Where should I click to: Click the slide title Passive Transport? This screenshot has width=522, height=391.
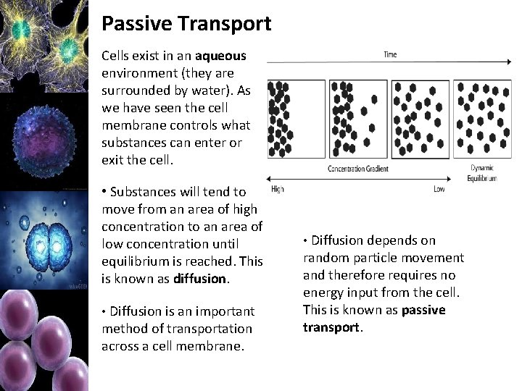[186, 23]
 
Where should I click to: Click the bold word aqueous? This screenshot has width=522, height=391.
[220, 56]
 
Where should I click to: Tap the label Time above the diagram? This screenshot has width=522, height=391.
[390, 55]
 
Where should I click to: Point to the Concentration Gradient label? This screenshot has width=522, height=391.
[357, 169]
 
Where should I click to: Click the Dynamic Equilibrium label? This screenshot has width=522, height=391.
[481, 172]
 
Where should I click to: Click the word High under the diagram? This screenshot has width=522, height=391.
[277, 189]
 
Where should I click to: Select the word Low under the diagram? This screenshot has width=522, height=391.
[439, 189]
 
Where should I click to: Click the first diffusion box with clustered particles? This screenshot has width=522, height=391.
[297, 118]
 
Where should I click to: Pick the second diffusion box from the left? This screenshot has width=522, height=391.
[358, 118]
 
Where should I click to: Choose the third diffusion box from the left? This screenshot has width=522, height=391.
[420, 118]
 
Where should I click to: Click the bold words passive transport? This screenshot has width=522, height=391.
[384, 319]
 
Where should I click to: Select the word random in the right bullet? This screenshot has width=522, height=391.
[326, 258]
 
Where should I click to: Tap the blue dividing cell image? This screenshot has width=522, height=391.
[43, 239]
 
